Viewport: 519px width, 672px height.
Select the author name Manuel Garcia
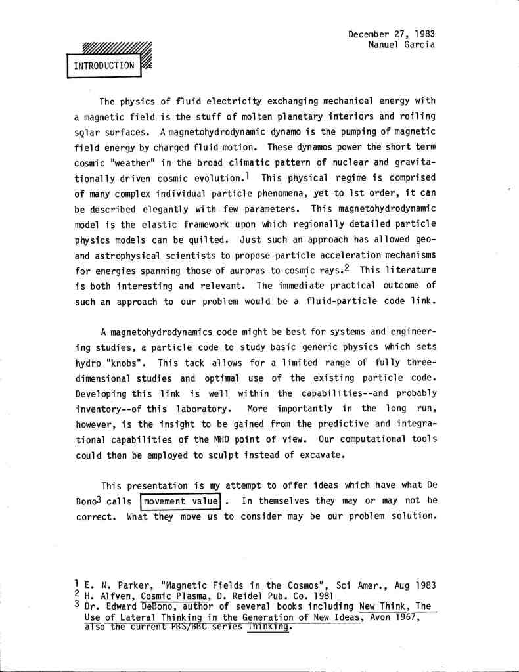click(x=402, y=45)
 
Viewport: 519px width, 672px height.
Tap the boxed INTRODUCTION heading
click(x=104, y=66)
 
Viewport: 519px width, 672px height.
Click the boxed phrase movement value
click(x=181, y=502)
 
